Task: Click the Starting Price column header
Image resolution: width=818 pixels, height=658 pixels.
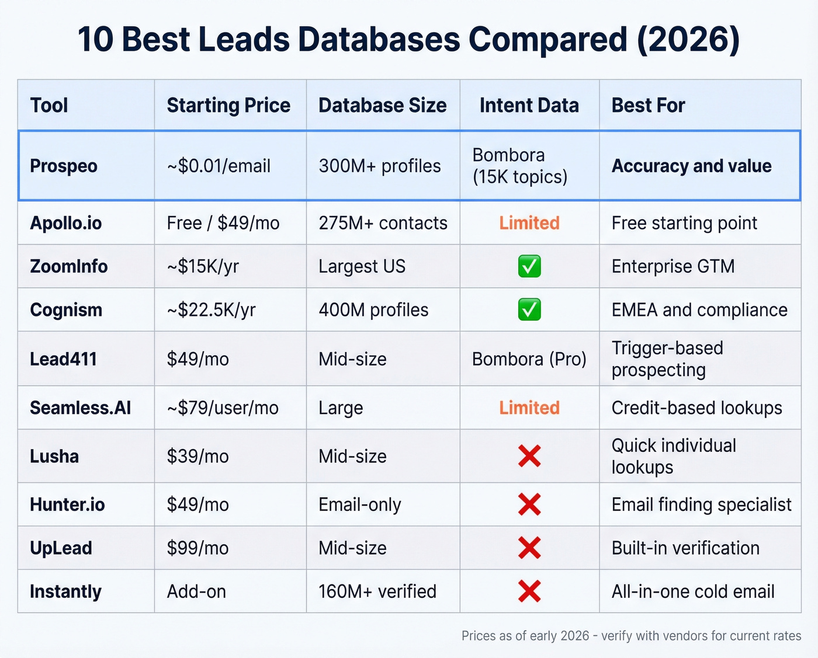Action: coord(228,106)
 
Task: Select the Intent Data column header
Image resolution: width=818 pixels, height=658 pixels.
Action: coord(529,106)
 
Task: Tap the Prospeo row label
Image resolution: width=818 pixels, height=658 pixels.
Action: coord(64,166)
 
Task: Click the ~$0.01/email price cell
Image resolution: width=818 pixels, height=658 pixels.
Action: coord(219,166)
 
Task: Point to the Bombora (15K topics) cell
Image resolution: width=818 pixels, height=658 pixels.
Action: coord(519,166)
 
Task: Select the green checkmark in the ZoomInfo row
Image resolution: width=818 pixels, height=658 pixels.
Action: coord(529,266)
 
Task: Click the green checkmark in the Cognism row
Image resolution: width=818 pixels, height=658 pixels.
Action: coord(529,310)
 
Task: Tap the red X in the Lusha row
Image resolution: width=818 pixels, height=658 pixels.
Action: coord(529,456)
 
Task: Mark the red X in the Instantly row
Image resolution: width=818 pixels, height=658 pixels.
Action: coord(529,591)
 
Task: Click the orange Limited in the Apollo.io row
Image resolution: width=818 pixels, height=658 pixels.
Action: coord(529,223)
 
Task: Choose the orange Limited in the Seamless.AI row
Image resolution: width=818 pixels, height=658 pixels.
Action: coord(529,408)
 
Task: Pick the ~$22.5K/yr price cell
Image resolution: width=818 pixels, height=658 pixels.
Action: coord(211,310)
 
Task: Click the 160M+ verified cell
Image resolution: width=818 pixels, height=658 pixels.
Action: coord(377,591)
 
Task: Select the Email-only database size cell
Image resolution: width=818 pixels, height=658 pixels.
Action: coord(360,504)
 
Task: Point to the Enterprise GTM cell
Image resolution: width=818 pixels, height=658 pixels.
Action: coord(673,266)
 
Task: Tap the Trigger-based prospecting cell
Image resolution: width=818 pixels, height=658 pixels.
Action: coord(667,359)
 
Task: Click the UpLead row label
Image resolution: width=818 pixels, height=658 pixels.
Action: coord(61,548)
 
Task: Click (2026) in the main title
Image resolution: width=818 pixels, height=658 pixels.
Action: coord(688,40)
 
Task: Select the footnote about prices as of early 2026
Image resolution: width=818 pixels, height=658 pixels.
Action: coord(631,636)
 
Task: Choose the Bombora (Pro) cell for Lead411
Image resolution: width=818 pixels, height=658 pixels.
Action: coord(529,359)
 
